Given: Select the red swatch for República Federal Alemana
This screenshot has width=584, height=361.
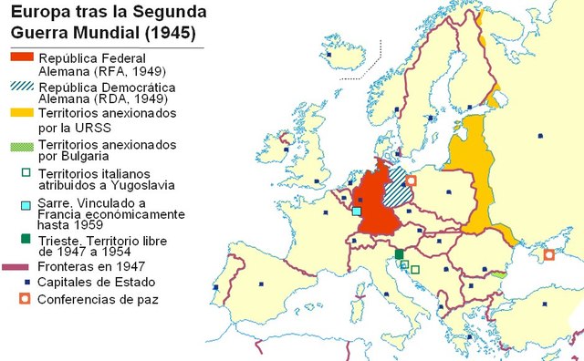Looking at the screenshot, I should click(21, 57).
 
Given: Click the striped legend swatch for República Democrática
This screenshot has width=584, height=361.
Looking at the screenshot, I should click(21, 86).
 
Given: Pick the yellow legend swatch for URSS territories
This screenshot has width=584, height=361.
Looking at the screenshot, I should click(21, 113).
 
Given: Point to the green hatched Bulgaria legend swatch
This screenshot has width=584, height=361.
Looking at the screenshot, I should click(21, 145).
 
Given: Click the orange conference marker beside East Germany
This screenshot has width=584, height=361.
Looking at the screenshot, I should click(411, 180).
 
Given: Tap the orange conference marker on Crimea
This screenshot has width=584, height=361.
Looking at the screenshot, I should click(548, 254).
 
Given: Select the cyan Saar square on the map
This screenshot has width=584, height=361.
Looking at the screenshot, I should click(356, 211).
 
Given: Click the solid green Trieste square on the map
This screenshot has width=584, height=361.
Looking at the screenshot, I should click(399, 253).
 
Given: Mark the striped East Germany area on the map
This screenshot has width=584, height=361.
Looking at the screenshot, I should click(394, 188).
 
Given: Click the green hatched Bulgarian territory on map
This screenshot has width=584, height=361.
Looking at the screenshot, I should click(499, 273).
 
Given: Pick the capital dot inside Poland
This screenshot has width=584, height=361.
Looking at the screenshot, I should click(444, 192).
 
